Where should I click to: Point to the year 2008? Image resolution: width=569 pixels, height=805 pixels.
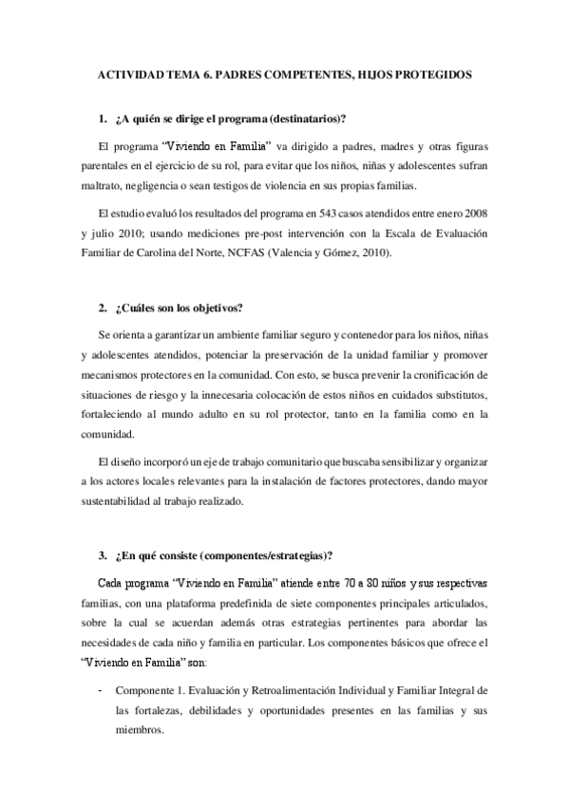point(474,212)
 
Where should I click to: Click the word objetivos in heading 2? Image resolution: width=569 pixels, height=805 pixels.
point(214,309)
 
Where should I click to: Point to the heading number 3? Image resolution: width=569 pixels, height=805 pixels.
point(102,555)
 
